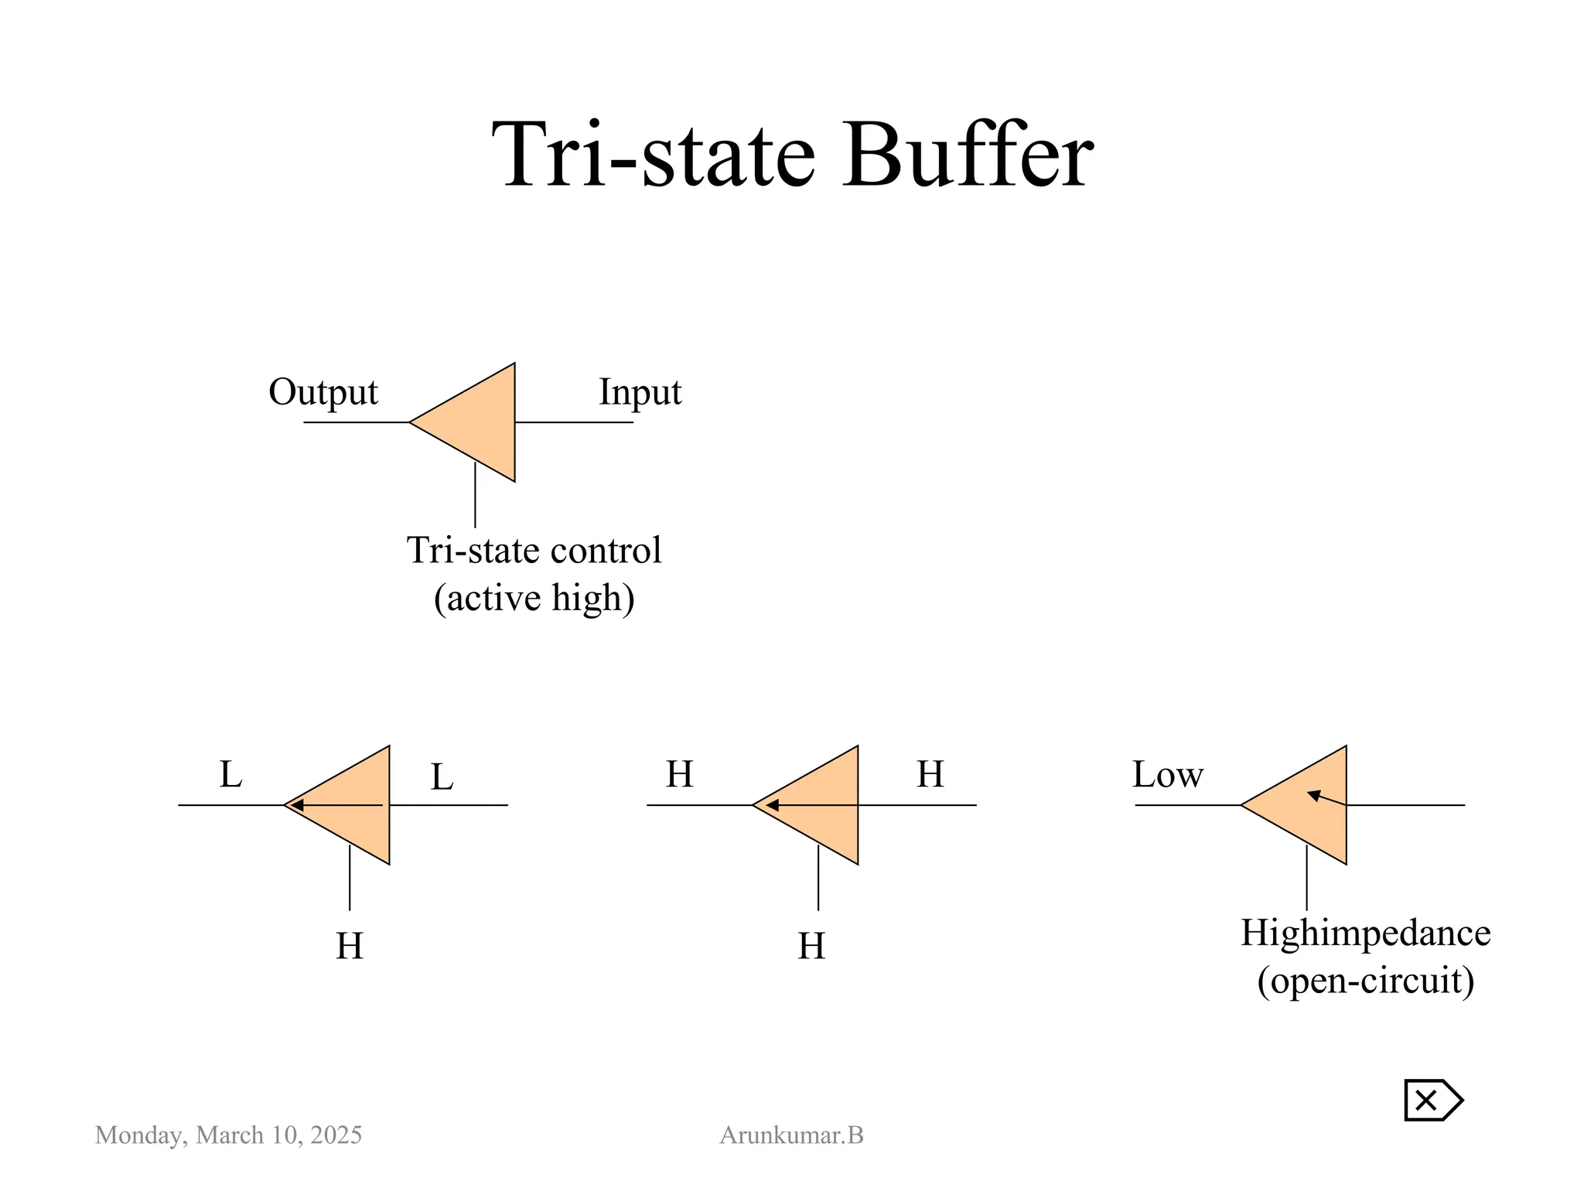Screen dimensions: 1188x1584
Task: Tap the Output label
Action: (323, 392)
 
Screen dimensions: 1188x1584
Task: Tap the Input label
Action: (640, 392)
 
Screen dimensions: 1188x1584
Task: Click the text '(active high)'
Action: (534, 598)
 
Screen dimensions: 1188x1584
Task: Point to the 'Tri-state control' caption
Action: (534, 551)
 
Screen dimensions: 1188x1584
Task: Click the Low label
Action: (1167, 774)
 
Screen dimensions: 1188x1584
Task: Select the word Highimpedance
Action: (1365, 933)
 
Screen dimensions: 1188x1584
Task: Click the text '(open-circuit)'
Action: (1365, 981)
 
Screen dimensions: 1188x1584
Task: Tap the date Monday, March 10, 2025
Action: (228, 1135)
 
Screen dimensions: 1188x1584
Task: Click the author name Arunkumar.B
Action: (791, 1135)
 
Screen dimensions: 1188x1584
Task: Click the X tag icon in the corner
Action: (1432, 1100)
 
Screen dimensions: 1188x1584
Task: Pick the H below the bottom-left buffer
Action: (350, 946)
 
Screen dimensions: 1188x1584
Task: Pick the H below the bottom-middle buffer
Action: (811, 946)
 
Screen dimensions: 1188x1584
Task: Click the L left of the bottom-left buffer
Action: (230, 774)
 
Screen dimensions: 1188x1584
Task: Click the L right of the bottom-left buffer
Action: (442, 777)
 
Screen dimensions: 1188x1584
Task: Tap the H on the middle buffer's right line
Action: (930, 774)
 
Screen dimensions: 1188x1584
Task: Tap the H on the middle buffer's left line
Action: (679, 774)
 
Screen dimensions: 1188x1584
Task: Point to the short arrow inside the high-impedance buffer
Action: (1326, 798)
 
